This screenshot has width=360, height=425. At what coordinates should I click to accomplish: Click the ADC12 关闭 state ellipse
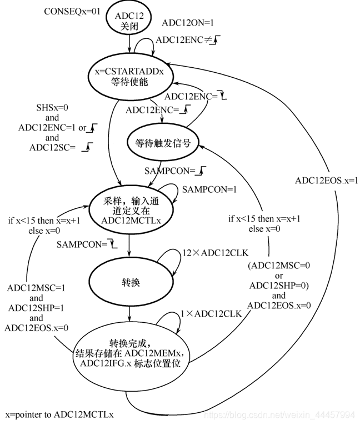click(x=129, y=21)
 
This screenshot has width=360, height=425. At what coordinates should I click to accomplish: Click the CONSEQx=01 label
click(x=72, y=11)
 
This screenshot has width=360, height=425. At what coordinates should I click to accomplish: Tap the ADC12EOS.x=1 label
click(x=327, y=180)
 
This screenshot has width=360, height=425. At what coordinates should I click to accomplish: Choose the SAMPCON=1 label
click(x=209, y=189)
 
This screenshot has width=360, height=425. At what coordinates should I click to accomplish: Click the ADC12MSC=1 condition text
click(x=37, y=288)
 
